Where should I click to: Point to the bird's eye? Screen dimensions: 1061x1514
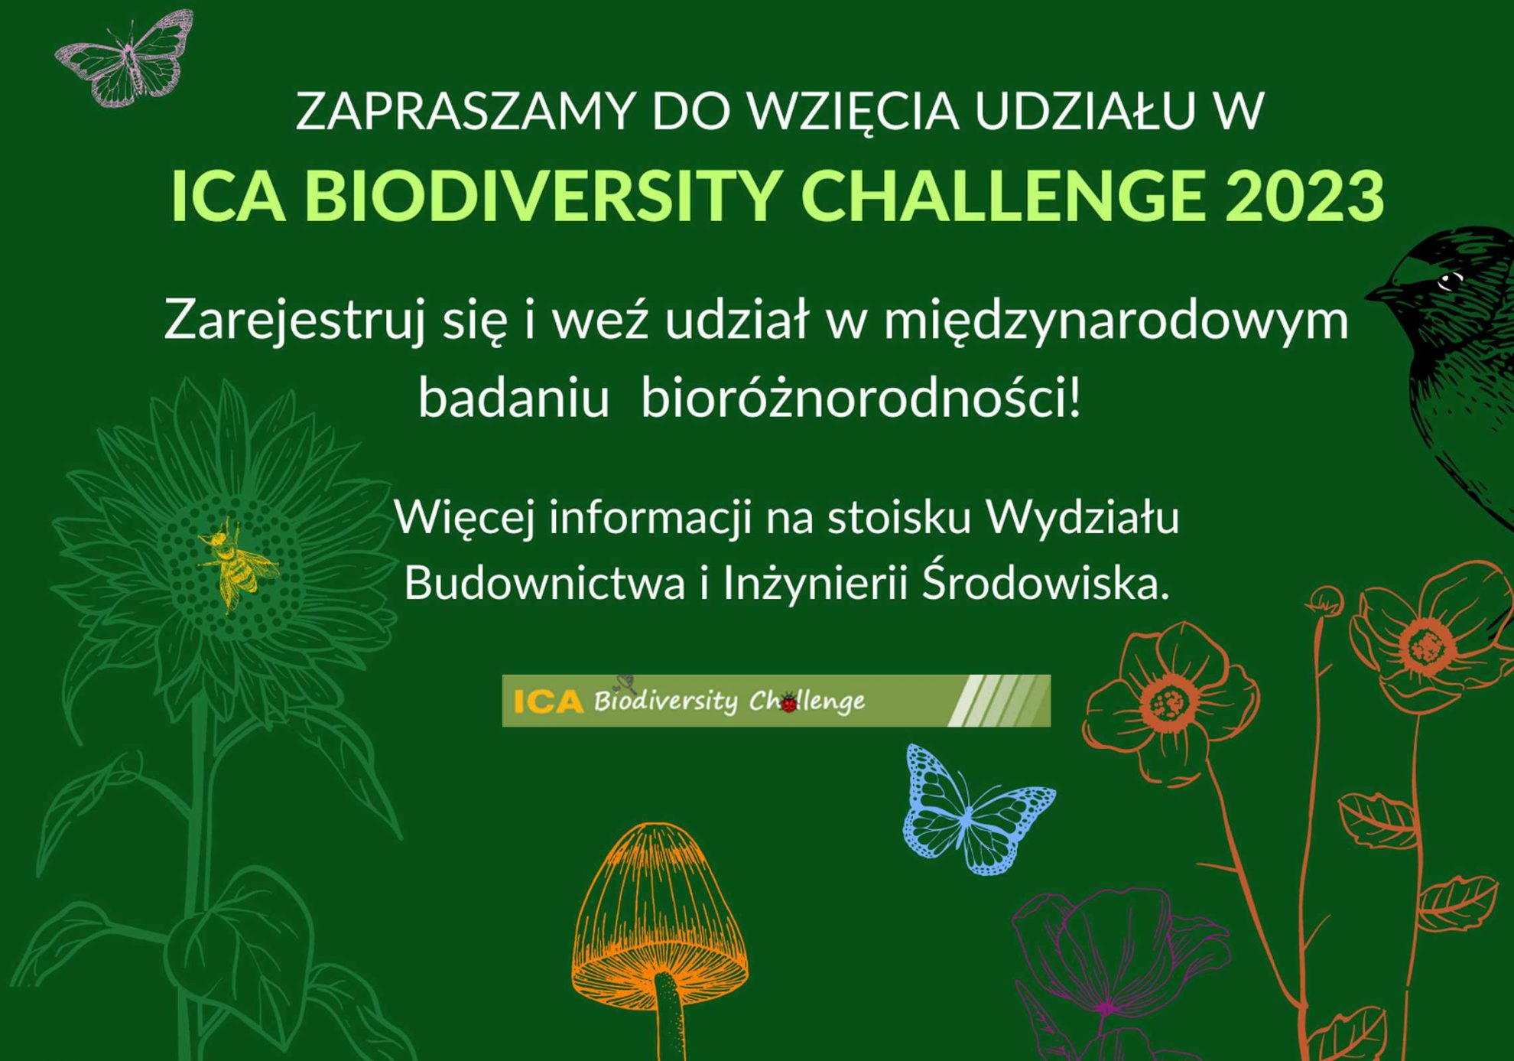1448,282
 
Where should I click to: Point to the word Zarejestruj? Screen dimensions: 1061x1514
294,320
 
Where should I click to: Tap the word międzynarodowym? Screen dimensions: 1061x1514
1116,320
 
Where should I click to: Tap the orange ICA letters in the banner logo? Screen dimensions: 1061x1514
548,701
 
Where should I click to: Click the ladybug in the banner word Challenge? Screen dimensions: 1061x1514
788,701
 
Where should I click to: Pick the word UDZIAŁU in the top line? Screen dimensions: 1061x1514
1085,110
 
